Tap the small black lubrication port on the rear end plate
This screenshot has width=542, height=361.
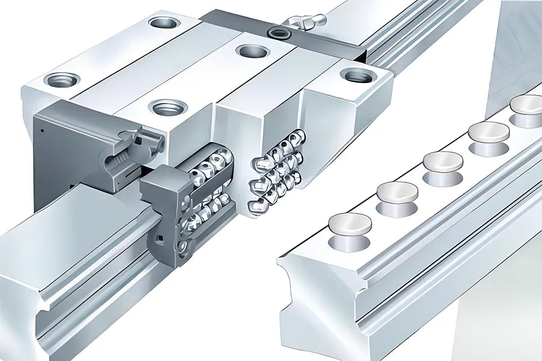point(278,32)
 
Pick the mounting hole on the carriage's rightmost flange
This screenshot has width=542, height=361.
point(358,75)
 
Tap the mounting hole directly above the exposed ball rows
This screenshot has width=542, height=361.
point(167,108)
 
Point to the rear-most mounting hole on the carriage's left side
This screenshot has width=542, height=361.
point(164,23)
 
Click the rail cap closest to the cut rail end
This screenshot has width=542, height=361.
point(350,223)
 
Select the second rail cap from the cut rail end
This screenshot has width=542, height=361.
point(397,191)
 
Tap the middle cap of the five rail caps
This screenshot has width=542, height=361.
point(443,161)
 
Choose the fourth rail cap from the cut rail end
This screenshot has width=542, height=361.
point(488,131)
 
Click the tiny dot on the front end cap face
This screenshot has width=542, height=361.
point(43,129)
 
